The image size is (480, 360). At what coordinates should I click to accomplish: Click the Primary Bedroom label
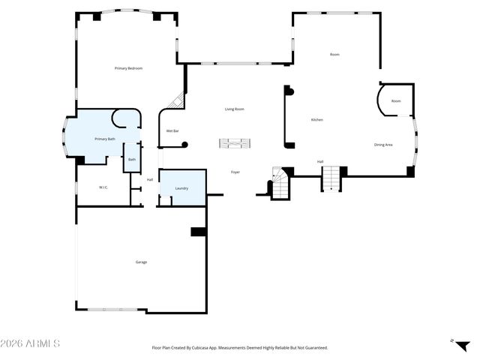pyautogui.click(x=128, y=68)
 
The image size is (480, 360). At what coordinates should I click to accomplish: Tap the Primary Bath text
pyautogui.click(x=105, y=139)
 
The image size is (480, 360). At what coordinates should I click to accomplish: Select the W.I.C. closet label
pyautogui.click(x=104, y=187)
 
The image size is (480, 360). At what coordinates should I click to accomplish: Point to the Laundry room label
pyautogui.click(x=181, y=188)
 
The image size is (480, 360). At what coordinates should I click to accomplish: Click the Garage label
pyautogui.click(x=141, y=262)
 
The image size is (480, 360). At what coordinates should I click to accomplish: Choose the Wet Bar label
pyautogui.click(x=172, y=131)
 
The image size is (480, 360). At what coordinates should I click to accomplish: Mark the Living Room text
pyautogui.click(x=235, y=109)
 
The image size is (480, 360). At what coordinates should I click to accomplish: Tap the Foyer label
pyautogui.click(x=235, y=172)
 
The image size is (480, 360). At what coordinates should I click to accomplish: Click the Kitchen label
pyautogui.click(x=317, y=120)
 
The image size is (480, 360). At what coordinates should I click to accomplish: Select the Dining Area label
pyautogui.click(x=383, y=144)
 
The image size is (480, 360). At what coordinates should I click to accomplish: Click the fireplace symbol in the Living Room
pyautogui.click(x=236, y=142)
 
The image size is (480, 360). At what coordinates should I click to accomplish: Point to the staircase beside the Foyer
pyautogui.click(x=280, y=184)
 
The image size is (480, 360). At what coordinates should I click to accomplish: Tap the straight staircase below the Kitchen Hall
pyautogui.click(x=331, y=178)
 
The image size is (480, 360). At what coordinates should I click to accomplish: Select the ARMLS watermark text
pyautogui.click(x=30, y=343)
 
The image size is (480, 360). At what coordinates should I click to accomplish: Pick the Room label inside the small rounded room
pyautogui.click(x=396, y=100)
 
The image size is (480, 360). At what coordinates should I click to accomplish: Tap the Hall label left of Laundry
pyautogui.click(x=150, y=179)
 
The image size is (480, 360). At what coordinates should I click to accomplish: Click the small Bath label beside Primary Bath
pyautogui.click(x=132, y=159)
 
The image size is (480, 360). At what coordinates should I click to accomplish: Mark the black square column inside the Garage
pyautogui.click(x=198, y=232)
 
